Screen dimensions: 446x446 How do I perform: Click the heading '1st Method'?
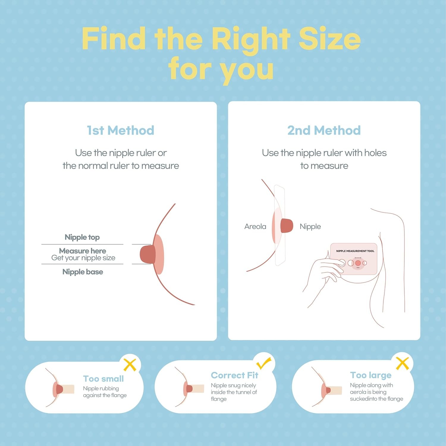click(x=120, y=130)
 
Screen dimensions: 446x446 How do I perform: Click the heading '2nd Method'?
click(x=324, y=130)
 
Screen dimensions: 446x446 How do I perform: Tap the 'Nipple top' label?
click(x=82, y=237)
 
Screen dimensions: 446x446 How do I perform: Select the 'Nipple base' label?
click(x=83, y=272)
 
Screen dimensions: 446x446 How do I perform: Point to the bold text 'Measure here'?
click(x=83, y=251)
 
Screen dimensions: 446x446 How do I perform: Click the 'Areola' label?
click(x=255, y=226)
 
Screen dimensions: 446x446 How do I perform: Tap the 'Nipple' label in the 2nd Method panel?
click(x=310, y=226)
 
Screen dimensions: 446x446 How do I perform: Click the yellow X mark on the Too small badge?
click(x=130, y=365)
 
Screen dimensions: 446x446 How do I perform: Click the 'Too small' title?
click(x=103, y=379)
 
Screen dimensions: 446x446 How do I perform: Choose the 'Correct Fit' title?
click(x=235, y=375)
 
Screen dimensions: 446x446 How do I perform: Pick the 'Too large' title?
click(x=371, y=375)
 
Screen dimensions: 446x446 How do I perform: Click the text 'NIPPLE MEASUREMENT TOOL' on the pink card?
click(x=355, y=251)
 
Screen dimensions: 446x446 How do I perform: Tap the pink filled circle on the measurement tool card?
click(x=358, y=263)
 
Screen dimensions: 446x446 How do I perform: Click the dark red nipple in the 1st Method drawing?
click(x=148, y=254)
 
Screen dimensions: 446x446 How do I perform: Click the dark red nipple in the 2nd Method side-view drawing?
click(x=287, y=226)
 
